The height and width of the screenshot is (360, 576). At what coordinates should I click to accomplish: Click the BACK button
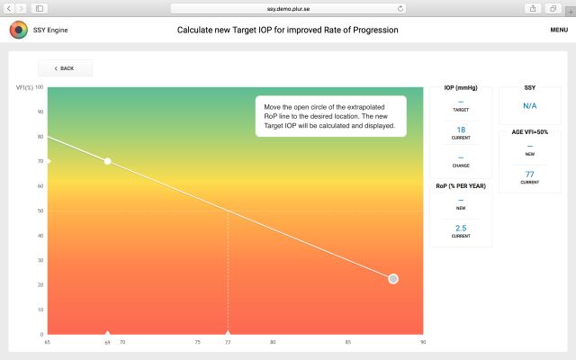click(x=65, y=68)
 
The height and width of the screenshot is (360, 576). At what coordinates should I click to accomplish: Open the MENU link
click(x=558, y=30)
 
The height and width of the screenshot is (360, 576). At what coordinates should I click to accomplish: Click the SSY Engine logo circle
click(x=18, y=30)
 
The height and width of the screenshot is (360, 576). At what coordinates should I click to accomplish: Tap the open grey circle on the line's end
click(x=393, y=279)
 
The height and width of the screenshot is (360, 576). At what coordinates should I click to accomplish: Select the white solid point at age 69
click(x=108, y=161)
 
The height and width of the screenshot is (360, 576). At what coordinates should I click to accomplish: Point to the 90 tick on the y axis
click(x=40, y=112)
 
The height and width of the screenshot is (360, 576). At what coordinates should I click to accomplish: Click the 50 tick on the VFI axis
click(x=40, y=211)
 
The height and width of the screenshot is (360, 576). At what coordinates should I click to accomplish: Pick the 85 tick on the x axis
click(x=347, y=342)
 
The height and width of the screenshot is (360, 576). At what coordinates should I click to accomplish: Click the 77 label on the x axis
click(x=228, y=342)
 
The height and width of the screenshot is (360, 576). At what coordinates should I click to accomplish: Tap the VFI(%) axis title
click(x=25, y=87)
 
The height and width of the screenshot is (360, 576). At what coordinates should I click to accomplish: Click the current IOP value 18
click(x=461, y=130)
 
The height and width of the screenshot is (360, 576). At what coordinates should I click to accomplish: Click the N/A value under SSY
click(x=529, y=106)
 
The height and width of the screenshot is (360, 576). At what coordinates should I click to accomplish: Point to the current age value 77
click(x=529, y=174)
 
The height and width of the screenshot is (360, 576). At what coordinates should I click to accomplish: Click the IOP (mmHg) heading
click(x=461, y=87)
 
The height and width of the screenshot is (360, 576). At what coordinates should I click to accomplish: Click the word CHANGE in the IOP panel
click(x=461, y=166)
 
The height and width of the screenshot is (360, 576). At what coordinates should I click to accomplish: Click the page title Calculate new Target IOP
click(x=288, y=30)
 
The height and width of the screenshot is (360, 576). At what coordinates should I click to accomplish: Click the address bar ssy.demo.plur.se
click(x=288, y=7)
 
